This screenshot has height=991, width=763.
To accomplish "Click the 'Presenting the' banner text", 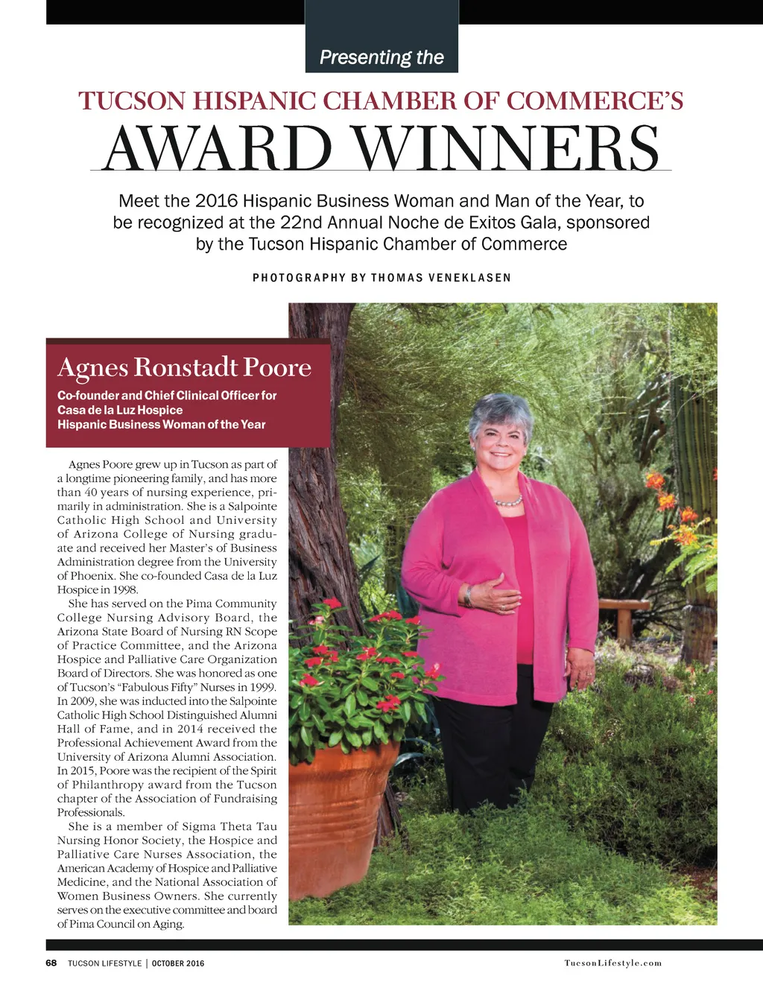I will [x=381, y=57].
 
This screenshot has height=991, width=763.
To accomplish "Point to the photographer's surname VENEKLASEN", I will [x=469, y=278].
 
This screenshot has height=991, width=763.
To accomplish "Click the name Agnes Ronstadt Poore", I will [x=184, y=367].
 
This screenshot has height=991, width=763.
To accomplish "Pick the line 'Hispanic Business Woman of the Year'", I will [x=161, y=425].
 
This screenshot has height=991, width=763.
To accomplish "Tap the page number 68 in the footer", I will [x=51, y=963].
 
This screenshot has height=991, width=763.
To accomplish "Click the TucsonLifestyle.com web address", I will [x=612, y=963].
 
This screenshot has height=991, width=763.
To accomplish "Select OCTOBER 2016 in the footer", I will [x=178, y=963].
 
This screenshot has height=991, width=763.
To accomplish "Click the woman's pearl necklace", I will [x=509, y=501].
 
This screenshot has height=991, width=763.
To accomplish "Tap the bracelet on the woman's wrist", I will [x=469, y=596].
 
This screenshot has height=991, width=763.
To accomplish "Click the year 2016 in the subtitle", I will [x=216, y=201].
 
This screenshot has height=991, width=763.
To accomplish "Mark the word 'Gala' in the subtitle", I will [x=533, y=223].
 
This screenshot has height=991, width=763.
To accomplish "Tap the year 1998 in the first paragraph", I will [x=125, y=590].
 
